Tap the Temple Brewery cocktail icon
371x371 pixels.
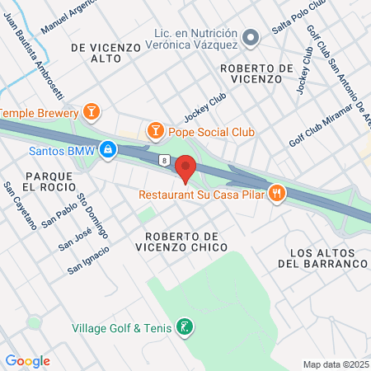point(92,110)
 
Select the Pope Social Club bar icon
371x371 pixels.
point(154,130)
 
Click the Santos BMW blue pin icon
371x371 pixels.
point(106,150)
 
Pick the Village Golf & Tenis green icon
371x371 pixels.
point(186,327)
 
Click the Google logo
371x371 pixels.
point(27,360)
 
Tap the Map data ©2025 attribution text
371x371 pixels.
point(333,364)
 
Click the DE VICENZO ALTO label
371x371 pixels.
point(106,53)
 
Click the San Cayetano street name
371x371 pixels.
point(19,206)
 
